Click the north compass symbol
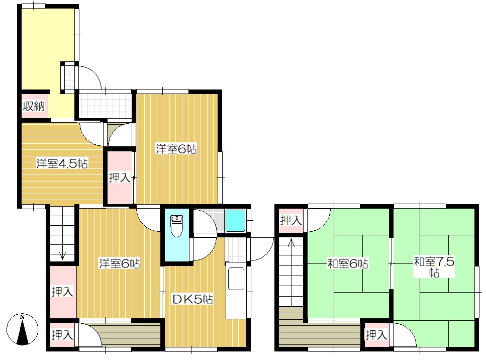pyautogui.click(x=22, y=329)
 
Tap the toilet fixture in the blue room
pyautogui.click(x=177, y=226)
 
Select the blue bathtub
pyautogui.click(x=236, y=221)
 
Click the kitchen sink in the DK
pyautogui.click(x=236, y=279)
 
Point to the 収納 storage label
pyautogui.click(x=34, y=107)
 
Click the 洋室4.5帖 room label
pyautogui.click(x=62, y=163)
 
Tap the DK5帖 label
pyautogui.click(x=192, y=299)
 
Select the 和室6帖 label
pyautogui.click(x=348, y=264)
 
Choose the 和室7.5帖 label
pyautogui.click(x=434, y=267)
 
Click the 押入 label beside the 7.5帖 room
pyautogui.click(x=376, y=335)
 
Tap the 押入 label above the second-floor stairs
pyautogui.click(x=290, y=220)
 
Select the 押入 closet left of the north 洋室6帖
pyautogui.click(x=119, y=177)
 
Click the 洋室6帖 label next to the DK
pyautogui.click(x=119, y=263)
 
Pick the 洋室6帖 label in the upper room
pyautogui.click(x=176, y=149)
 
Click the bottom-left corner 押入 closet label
pyautogui.click(x=62, y=335)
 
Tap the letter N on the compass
pyautogui.click(x=22, y=317)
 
